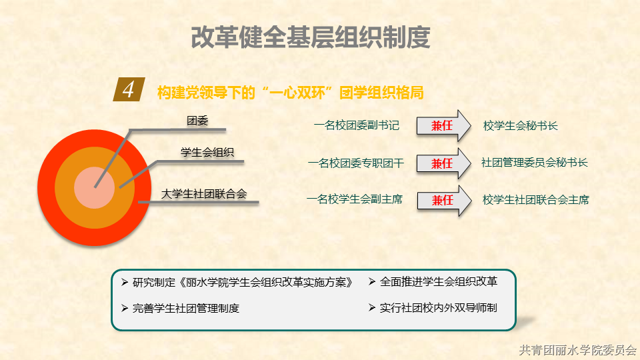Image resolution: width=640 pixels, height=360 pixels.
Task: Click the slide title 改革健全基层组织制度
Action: pyautogui.click(x=311, y=37)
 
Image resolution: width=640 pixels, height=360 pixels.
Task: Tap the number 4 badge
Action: pyautogui.click(x=129, y=89)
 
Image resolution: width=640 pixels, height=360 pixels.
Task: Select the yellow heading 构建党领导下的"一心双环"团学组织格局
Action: pyautogui.click(x=290, y=93)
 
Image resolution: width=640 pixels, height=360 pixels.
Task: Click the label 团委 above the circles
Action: pyautogui.click(x=197, y=121)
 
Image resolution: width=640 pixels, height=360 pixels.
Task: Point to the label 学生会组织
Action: pyautogui.click(x=207, y=153)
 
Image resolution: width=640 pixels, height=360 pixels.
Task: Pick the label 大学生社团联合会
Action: pyautogui.click(x=204, y=194)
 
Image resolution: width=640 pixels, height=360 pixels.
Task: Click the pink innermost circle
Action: pyautogui.click(x=94, y=188)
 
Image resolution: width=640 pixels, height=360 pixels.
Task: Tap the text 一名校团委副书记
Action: pyautogui.click(x=356, y=125)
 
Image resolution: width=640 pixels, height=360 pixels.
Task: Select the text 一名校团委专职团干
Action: pyautogui.click(x=356, y=163)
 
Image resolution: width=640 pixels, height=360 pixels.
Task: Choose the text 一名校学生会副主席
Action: pyautogui.click(x=355, y=199)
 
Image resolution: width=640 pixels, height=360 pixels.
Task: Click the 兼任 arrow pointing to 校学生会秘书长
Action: pyautogui.click(x=444, y=126)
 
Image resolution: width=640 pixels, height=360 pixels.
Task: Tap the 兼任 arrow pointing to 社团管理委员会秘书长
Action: pyautogui.click(x=444, y=163)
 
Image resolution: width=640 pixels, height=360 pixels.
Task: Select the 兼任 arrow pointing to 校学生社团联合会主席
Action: pyautogui.click(x=445, y=201)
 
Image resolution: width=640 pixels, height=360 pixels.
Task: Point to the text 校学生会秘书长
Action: pyautogui.click(x=521, y=126)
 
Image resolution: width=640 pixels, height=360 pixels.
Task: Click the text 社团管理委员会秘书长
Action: pyautogui.click(x=534, y=163)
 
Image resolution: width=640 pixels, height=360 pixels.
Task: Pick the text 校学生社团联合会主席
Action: pyautogui.click(x=536, y=200)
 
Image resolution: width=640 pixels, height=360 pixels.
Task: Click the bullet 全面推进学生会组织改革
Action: pyautogui.click(x=433, y=281)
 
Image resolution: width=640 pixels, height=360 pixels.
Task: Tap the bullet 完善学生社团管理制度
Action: pyautogui.click(x=181, y=308)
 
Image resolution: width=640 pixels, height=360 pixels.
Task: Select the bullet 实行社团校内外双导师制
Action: pyautogui.click(x=433, y=308)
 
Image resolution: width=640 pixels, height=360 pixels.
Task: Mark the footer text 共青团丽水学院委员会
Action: pyautogui.click(x=578, y=350)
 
